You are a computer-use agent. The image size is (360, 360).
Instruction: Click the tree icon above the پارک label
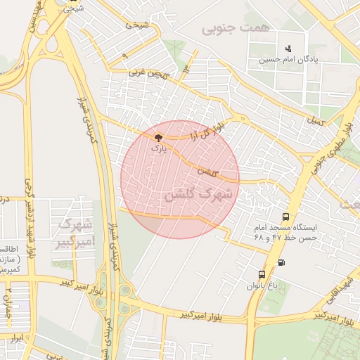pyautogui.click(x=159, y=138)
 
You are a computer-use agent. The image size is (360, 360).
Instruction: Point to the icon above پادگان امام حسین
pyautogui.click(x=288, y=49)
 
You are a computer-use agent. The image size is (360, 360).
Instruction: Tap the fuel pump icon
pyautogui.click(x=282, y=263)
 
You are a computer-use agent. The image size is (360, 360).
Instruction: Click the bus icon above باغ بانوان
pyautogui.click(x=262, y=274)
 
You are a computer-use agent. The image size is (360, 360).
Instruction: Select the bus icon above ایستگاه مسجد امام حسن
pyautogui.click(x=285, y=217)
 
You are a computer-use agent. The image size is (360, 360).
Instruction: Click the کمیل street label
pyautogui.click(x=316, y=121)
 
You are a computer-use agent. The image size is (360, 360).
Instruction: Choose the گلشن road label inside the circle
pyautogui.click(x=207, y=171)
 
